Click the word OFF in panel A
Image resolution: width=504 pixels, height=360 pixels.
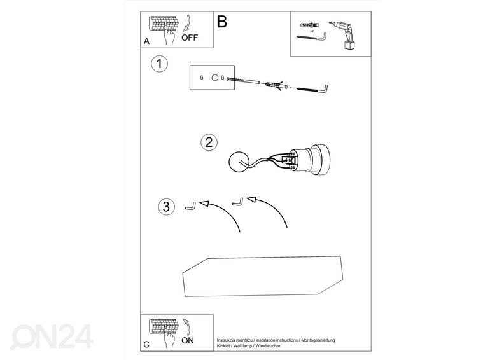coord(190,38)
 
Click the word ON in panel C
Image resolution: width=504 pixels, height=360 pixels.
coord(188,340)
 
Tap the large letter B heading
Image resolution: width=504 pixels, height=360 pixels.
coord(222,22)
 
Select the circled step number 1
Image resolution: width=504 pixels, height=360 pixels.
coord(160,64)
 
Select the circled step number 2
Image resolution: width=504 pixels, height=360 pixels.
coord(209,142)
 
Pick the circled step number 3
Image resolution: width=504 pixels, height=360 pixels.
coord(166,207)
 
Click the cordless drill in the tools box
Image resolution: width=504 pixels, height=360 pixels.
coord(342,35)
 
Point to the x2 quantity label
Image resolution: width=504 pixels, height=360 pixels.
coord(312,31)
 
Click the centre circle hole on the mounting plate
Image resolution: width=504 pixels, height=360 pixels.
coord(215,78)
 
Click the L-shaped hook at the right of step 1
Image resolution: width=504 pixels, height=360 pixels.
coord(312,88)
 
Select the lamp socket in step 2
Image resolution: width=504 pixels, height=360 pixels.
coord(309,160)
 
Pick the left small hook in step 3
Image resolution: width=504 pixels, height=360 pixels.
coord(191,206)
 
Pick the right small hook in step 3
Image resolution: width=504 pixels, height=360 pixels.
coord(238,202)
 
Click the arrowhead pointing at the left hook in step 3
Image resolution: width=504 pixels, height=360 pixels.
coord(204,204)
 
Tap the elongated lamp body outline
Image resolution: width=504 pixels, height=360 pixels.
coord(263,276)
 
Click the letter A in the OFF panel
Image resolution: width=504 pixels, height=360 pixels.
coord(146,41)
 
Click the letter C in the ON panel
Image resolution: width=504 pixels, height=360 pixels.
coord(146,345)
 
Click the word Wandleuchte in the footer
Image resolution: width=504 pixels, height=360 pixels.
coord(268,346)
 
